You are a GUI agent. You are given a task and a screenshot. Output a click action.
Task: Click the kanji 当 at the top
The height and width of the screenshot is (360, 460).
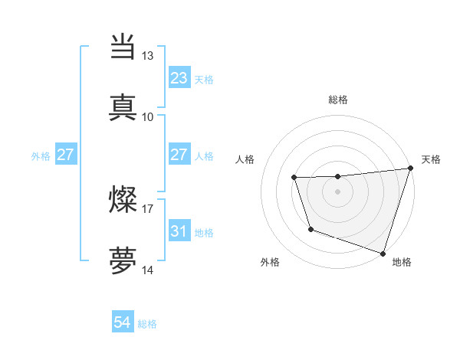[x=123, y=47]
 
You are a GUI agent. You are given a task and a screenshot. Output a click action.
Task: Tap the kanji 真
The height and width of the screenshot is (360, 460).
[x=123, y=106]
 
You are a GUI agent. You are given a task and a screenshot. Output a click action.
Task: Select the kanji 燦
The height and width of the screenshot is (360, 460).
[x=123, y=199]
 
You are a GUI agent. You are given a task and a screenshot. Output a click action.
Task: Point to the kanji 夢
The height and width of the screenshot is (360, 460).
[x=123, y=260]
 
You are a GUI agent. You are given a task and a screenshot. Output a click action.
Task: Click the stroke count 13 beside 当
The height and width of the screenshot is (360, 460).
[x=148, y=56]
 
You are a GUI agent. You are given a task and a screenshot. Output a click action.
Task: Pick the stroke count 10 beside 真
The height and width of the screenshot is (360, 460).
[x=148, y=116]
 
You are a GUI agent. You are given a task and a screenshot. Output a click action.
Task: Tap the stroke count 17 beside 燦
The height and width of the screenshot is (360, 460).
[x=148, y=208]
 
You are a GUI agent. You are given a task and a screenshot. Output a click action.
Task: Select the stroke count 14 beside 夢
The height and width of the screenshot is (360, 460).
[x=148, y=270]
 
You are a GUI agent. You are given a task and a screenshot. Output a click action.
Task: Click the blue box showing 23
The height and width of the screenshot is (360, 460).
[x=179, y=78]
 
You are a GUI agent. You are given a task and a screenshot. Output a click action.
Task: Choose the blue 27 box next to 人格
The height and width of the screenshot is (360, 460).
[x=179, y=155]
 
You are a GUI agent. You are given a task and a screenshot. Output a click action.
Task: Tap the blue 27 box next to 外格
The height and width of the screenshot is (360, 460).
[x=66, y=155]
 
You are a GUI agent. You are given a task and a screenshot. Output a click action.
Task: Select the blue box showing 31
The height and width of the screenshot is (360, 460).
[x=179, y=231]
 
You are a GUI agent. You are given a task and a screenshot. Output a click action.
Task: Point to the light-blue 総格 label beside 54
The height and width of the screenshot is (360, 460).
[x=147, y=324]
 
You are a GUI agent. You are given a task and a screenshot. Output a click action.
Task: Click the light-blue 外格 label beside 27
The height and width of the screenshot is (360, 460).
[x=41, y=156]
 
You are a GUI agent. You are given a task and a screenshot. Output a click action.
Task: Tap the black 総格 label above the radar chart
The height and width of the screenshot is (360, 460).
[x=337, y=100]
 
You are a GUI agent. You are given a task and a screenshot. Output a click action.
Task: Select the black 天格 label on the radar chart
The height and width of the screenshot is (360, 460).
[x=431, y=159]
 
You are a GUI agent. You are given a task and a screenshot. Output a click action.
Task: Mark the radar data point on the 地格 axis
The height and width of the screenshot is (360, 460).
[x=383, y=253]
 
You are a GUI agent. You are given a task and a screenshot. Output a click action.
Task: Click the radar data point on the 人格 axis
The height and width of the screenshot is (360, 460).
[x=294, y=178]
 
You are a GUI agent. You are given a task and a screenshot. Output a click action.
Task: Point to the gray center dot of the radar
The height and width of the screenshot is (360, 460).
[x=337, y=191]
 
